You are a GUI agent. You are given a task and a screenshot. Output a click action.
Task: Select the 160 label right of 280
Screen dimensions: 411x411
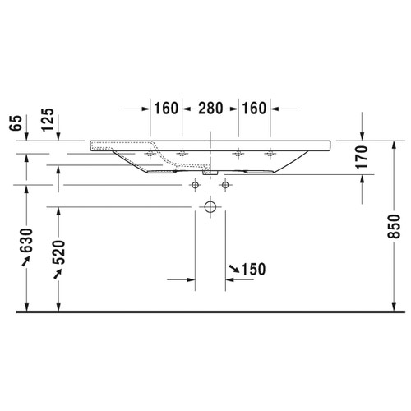pos(254,108)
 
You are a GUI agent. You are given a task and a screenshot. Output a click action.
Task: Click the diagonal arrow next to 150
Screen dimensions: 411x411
pos(235,268)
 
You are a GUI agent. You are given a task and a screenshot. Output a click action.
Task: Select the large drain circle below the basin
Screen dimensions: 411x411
pos(210,208)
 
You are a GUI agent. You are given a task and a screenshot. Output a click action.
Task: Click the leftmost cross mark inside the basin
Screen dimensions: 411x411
pos(150,154)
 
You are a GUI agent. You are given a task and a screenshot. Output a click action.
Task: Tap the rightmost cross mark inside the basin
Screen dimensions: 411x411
pos(270,154)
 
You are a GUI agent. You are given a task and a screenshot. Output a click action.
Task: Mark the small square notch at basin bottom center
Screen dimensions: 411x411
pos(209,173)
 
